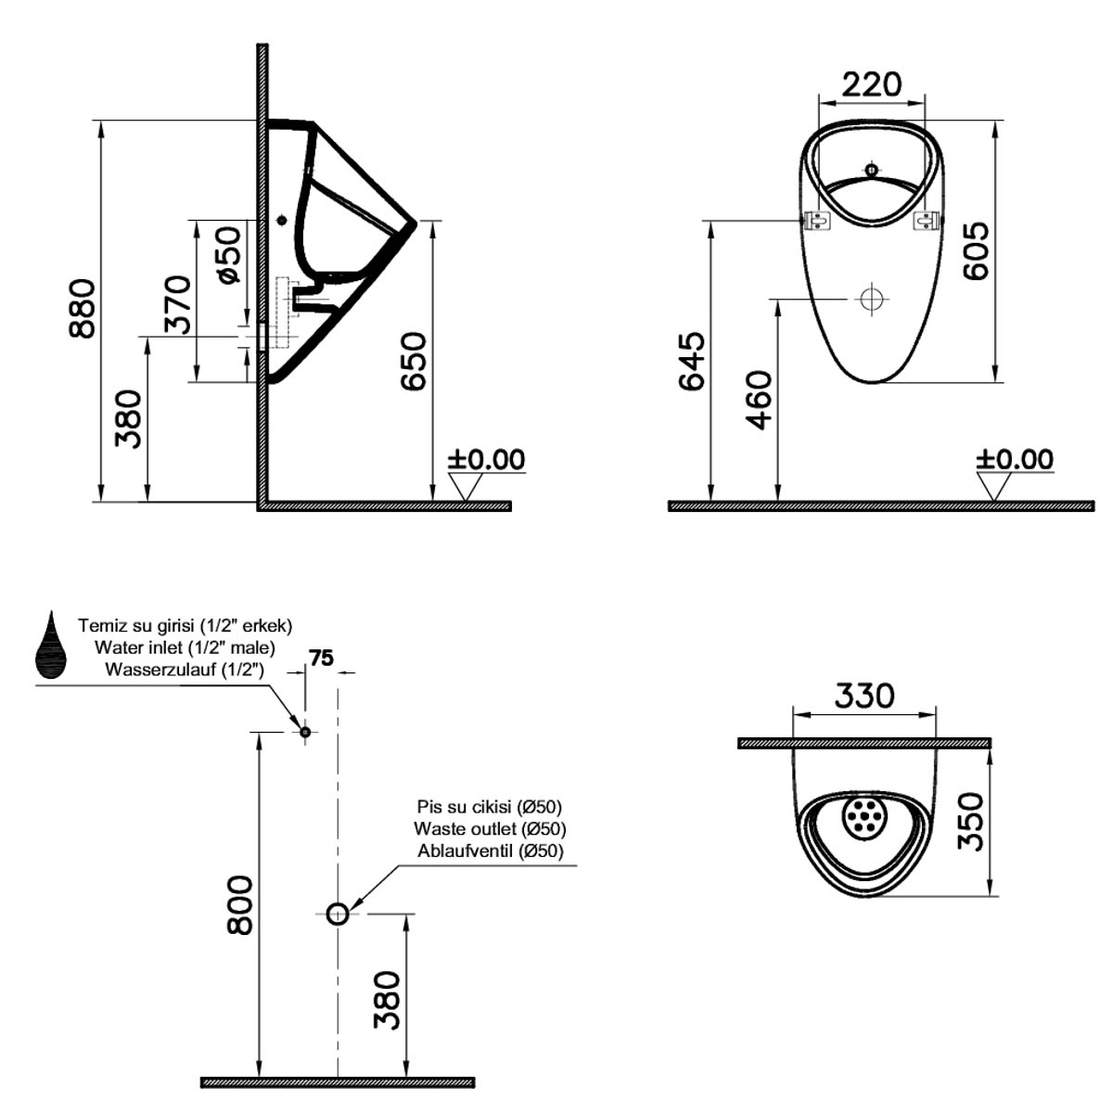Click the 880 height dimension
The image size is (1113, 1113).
tap(82, 309)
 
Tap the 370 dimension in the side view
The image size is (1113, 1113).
tap(177, 304)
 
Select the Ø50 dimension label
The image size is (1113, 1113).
tap(229, 255)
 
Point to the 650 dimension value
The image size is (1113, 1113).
tap(413, 361)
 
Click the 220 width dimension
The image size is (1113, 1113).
tap(871, 84)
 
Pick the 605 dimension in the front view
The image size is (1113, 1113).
tap(976, 251)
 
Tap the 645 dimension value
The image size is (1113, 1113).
tap(691, 361)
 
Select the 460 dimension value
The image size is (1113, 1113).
tap(759, 401)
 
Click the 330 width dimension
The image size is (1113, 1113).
tap(864, 696)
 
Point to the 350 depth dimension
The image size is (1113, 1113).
tap(970, 822)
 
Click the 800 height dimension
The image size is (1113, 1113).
tap(239, 905)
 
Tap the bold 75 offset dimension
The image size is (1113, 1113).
tap(321, 658)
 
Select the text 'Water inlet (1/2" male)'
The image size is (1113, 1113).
tap(185, 646)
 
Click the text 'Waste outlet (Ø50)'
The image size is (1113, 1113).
tap(490, 829)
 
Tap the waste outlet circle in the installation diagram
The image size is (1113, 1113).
tap(338, 914)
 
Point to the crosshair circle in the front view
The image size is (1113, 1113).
tap(872, 300)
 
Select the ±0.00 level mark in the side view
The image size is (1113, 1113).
tap(486, 460)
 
